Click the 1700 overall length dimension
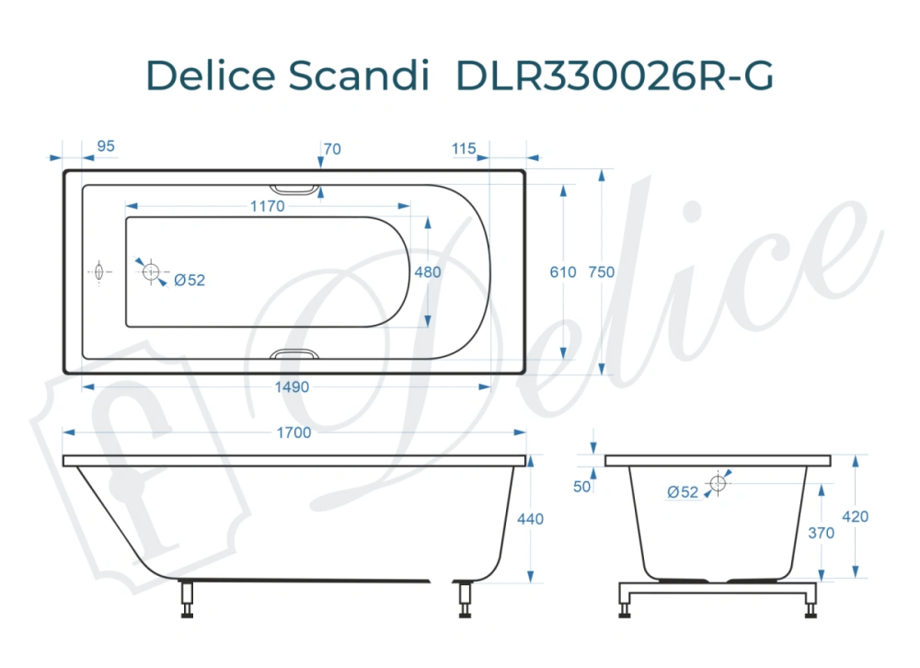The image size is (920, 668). [x=294, y=432]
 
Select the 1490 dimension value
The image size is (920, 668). [x=293, y=387]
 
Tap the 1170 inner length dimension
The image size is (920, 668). [x=267, y=207]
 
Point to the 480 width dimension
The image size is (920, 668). [x=428, y=272]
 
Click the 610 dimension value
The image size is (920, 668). [x=562, y=272]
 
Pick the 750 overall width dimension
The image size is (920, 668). [x=602, y=272]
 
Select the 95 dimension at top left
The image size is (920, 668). [x=105, y=146]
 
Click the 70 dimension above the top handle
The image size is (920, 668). [x=332, y=149]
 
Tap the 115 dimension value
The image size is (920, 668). [x=465, y=149]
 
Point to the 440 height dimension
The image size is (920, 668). [x=531, y=519]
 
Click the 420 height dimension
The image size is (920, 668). [x=856, y=517]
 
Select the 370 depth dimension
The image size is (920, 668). [x=822, y=533]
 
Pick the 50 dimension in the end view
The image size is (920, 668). [x=581, y=487]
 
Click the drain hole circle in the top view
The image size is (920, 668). [x=152, y=272]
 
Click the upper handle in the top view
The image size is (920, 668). [x=296, y=189]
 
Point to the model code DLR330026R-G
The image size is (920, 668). [x=615, y=76]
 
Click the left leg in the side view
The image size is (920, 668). [x=188, y=599]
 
